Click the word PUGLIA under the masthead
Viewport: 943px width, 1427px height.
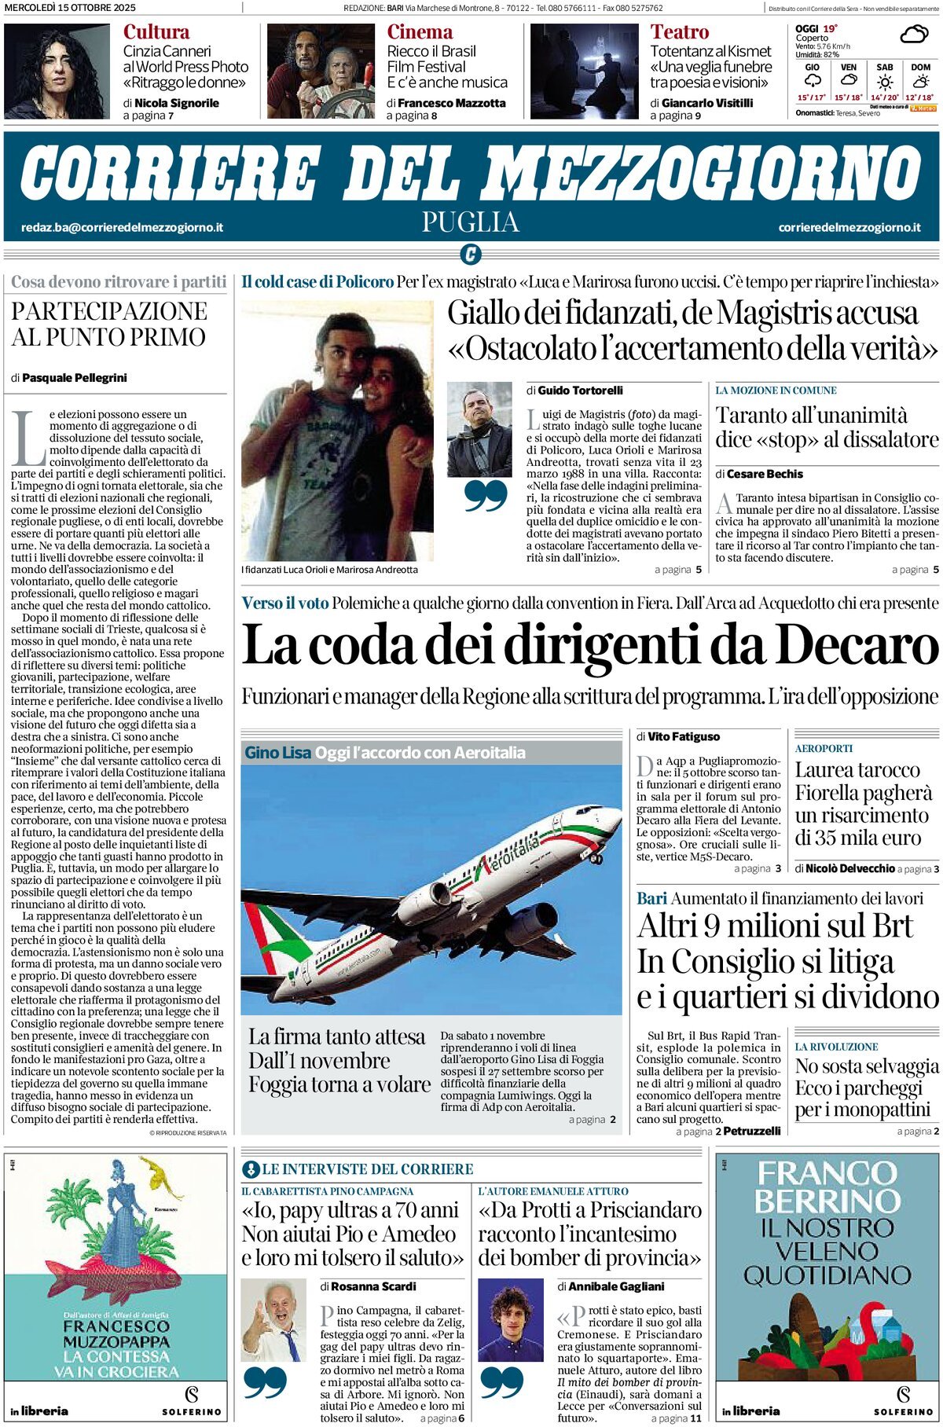tap(470, 222)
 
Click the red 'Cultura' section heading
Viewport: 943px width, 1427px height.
tap(156, 32)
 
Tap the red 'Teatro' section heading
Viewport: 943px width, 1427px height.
tap(679, 32)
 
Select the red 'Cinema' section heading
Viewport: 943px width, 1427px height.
tap(420, 32)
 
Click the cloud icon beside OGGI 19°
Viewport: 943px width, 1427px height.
tap(913, 35)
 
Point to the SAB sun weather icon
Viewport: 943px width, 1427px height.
tap(885, 83)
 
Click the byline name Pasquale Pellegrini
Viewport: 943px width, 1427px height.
tap(75, 378)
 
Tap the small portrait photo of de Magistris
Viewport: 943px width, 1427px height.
tap(479, 429)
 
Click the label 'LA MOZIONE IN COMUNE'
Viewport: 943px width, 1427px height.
tap(776, 391)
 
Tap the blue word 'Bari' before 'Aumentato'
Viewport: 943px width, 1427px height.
tap(651, 898)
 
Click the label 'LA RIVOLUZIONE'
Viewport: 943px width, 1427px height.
tap(836, 1047)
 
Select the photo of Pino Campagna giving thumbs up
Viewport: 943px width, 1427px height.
tap(273, 1320)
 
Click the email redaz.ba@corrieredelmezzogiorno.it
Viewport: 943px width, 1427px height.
tap(122, 227)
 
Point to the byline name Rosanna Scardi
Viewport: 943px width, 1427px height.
tap(373, 1286)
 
